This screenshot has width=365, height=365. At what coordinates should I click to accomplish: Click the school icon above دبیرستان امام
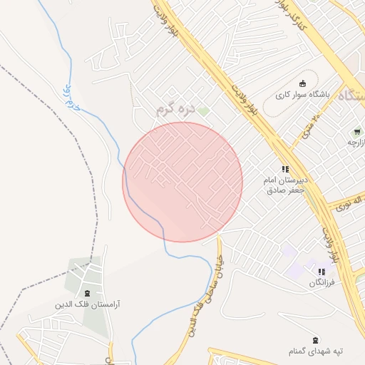coord(286,169)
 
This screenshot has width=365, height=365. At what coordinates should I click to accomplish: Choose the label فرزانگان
coord(322,283)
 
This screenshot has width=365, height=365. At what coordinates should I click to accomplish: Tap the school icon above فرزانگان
coord(322,272)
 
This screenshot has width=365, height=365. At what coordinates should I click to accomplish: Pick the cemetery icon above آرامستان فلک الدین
coord(88,292)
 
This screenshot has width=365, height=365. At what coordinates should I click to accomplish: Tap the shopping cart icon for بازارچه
coord(356,132)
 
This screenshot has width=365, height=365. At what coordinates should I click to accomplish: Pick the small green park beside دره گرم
coord(204,111)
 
